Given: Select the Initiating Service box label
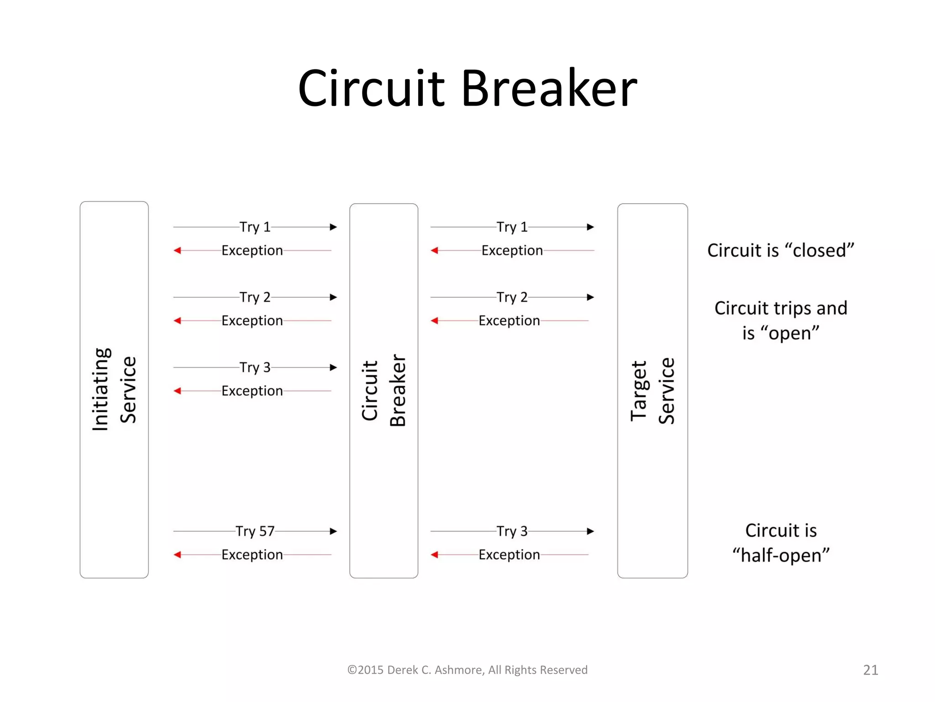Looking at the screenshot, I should tap(114, 389).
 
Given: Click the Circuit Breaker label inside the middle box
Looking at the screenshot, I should tap(383, 391).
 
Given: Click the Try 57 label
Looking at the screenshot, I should tap(255, 531).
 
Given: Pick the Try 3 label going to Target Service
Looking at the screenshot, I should tap(512, 531).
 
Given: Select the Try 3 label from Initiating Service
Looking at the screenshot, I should tap(255, 367).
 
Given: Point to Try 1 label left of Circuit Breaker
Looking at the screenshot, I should tap(255, 227).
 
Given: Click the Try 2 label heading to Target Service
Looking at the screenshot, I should tap(512, 298).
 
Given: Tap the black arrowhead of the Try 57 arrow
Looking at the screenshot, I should tap(334, 531).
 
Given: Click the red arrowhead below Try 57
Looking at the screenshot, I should tap(178, 555).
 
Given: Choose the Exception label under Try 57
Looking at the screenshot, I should tap(252, 555).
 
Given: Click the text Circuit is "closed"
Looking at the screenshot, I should tap(781, 250).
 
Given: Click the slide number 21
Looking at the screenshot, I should tap(871, 670).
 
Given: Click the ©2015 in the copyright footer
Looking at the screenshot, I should tap(365, 670).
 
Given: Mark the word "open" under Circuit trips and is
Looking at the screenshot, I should tap(790, 333).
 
